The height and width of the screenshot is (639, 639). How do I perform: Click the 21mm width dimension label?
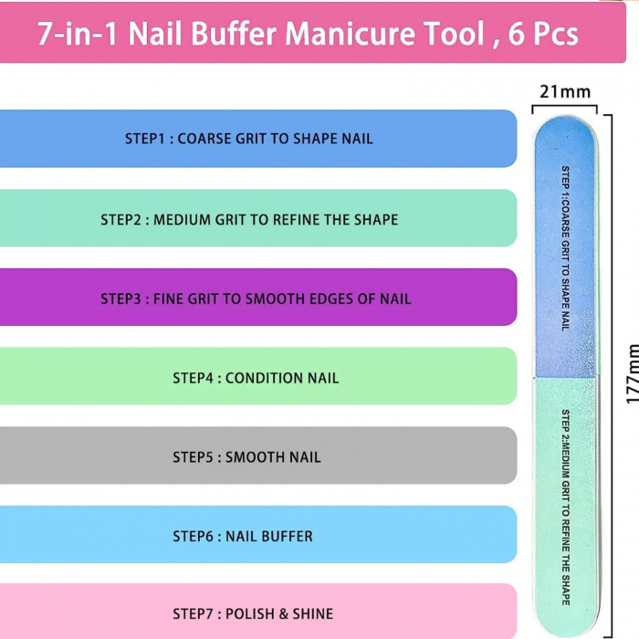[x=565, y=91]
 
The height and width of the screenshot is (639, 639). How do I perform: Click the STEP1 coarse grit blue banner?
[x=256, y=139]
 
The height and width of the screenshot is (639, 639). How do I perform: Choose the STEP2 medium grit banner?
[x=256, y=218]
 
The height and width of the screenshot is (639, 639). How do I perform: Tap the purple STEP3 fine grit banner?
[x=256, y=298]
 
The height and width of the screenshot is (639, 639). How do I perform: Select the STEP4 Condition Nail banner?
[x=256, y=377]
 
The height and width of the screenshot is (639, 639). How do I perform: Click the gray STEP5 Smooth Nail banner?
[x=256, y=456]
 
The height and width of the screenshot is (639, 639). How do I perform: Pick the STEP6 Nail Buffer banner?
[x=256, y=536]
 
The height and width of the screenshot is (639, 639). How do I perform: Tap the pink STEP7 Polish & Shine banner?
[x=256, y=613]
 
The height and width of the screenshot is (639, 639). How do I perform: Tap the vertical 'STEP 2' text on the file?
[x=565, y=424]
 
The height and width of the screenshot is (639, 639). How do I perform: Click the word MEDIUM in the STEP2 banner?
[x=183, y=219]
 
